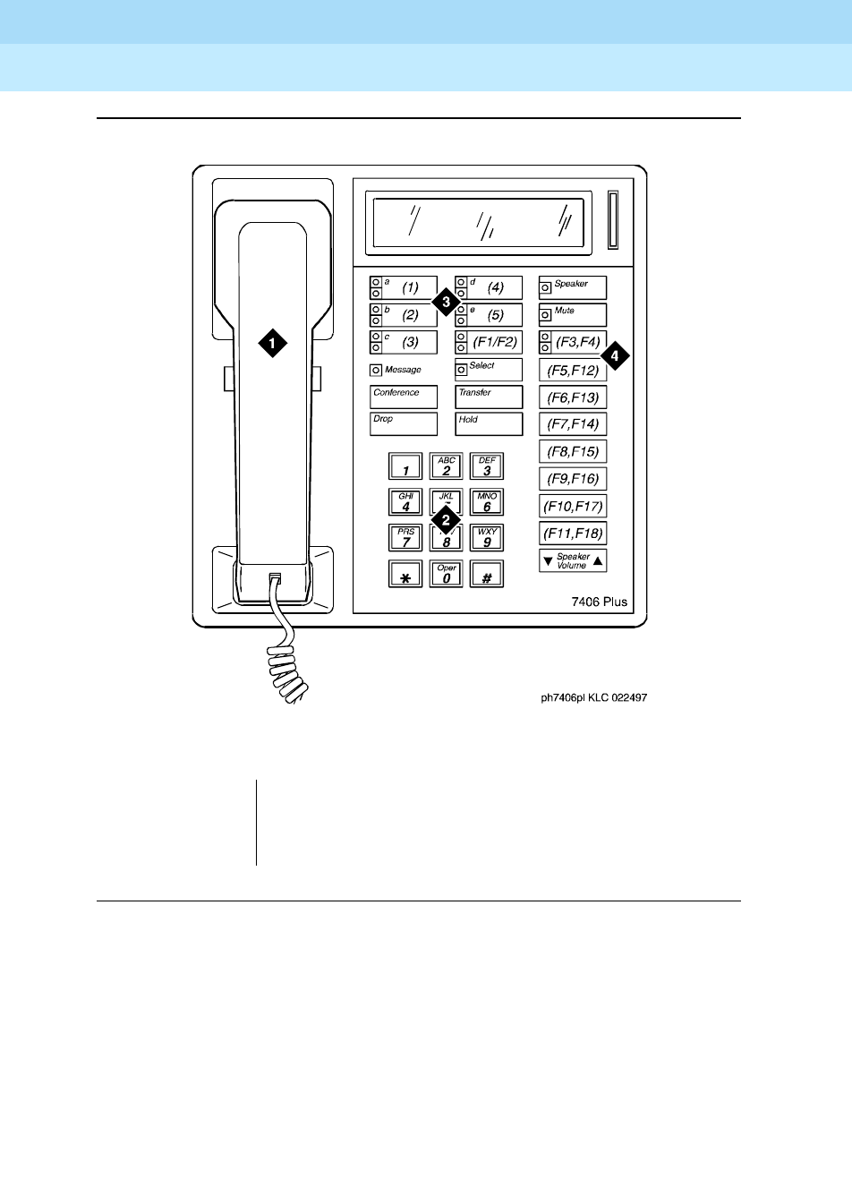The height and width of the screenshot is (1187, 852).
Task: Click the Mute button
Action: pyautogui.click(x=573, y=315)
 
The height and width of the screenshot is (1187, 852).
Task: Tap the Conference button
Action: pyautogui.click(x=404, y=397)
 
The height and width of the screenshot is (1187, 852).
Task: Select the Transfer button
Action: pyautogui.click(x=488, y=397)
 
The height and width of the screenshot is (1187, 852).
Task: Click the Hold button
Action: pyautogui.click(x=488, y=423)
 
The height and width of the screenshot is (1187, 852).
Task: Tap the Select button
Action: pyautogui.click(x=488, y=370)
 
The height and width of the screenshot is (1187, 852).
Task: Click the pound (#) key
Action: pyautogui.click(x=487, y=574)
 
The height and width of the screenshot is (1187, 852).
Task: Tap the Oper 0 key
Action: pyautogui.click(x=446, y=574)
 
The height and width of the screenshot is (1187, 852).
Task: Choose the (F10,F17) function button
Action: pyautogui.click(x=573, y=506)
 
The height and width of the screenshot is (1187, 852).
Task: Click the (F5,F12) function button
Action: pyautogui.click(x=573, y=370)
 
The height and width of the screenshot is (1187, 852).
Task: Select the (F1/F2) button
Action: pyautogui.click(x=488, y=342)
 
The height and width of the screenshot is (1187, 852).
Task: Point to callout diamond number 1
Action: pyautogui.click(x=273, y=342)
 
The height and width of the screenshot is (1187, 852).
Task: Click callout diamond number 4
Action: pyautogui.click(x=615, y=356)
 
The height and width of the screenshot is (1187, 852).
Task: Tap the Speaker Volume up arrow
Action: pyautogui.click(x=598, y=561)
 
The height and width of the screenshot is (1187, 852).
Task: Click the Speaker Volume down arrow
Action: pyautogui.click(x=548, y=561)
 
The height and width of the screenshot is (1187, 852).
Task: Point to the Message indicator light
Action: pyautogui.click(x=376, y=371)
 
